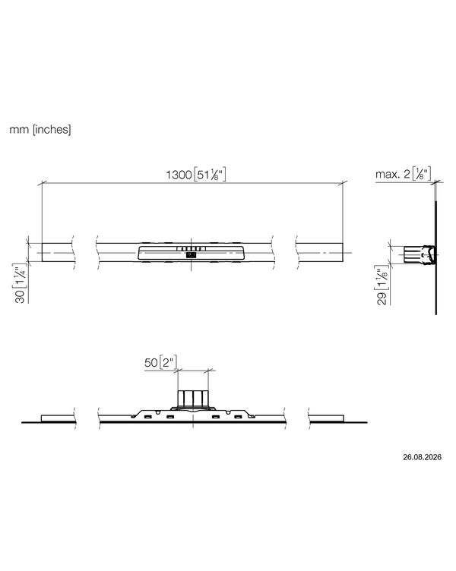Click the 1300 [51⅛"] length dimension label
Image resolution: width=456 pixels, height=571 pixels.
point(196,174)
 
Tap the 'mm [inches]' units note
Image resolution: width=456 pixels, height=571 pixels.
point(40,129)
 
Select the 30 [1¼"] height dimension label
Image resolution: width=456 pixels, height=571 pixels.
point(21,283)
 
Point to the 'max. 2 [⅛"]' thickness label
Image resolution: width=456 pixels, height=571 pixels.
point(404,173)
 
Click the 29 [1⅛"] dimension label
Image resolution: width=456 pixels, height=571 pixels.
point(382,285)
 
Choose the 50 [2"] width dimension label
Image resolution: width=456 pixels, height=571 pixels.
point(161,362)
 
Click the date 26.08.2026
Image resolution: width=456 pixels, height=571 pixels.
point(422,457)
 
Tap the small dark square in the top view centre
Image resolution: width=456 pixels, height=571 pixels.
point(191,255)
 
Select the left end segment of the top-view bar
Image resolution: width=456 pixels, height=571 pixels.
point(58,252)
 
